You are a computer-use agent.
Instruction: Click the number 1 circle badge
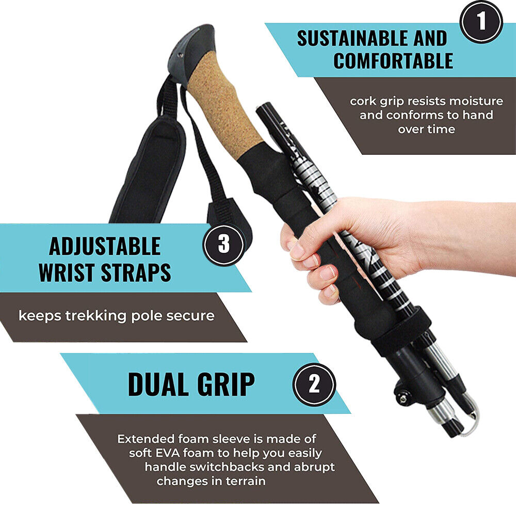coord(481,22)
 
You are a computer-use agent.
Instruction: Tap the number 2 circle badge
coord(314,384)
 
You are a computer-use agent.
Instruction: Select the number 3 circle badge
coord(224,245)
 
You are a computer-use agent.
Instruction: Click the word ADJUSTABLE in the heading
coord(105,246)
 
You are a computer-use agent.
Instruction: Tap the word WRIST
coord(67,272)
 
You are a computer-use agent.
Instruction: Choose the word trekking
coord(96,316)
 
